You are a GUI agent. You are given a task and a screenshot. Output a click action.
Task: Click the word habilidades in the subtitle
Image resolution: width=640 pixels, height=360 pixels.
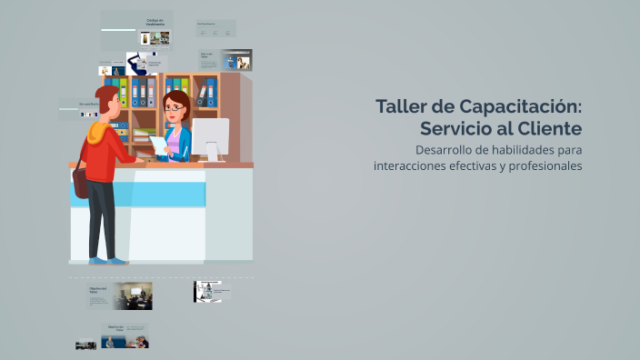pos(525,149)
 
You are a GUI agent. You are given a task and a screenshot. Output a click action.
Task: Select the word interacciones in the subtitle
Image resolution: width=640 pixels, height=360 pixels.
pos(410,165)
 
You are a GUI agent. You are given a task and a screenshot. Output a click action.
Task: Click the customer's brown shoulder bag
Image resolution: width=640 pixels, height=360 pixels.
pos(81,180)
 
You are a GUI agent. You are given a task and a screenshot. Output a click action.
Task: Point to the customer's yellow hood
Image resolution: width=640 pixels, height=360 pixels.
pos(95,134)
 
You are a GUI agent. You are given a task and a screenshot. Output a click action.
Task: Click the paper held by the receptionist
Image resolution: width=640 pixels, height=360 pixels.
pos(158,145)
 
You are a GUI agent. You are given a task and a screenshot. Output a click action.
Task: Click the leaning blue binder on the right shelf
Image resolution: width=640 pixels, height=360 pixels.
pos(211,92)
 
